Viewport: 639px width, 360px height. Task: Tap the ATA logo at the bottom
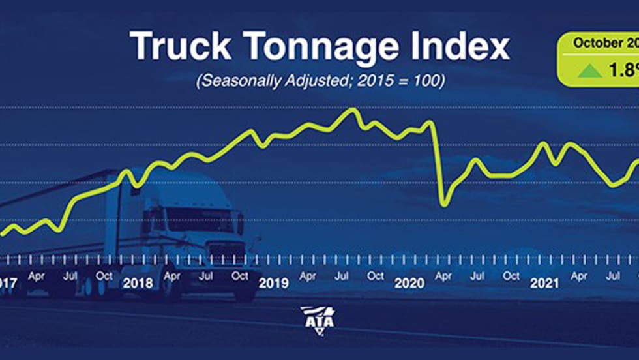(x=318, y=319)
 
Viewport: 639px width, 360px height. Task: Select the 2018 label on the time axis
(x=137, y=284)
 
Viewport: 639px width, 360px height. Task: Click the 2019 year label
(x=274, y=284)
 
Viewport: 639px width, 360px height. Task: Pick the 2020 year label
(x=409, y=284)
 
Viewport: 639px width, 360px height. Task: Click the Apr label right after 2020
(x=443, y=276)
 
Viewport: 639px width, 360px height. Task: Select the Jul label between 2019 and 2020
(x=342, y=276)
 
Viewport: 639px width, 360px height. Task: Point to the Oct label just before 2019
(x=240, y=276)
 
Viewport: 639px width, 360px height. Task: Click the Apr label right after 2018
(x=171, y=276)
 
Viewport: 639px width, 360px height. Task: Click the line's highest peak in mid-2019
(x=353, y=109)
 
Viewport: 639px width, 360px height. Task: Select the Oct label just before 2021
(x=512, y=276)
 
